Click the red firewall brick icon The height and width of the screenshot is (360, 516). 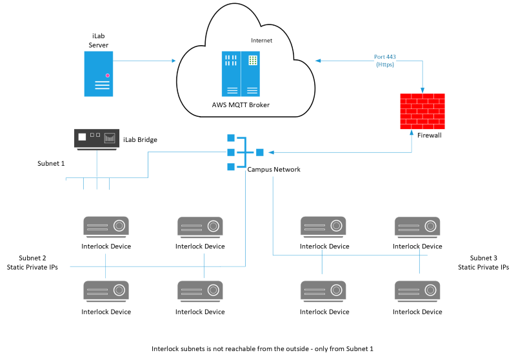[422, 110]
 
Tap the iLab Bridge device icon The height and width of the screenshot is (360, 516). [97, 139]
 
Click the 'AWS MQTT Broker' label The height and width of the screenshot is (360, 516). [241, 105]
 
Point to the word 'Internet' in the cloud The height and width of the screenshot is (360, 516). [261, 41]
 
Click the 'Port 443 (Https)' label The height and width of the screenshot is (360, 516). [384, 61]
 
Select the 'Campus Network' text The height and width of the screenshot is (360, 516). [274, 169]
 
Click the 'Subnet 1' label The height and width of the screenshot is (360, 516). [51, 163]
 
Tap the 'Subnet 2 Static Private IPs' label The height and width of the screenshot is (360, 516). [32, 262]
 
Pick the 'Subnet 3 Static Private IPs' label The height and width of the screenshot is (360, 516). [483, 262]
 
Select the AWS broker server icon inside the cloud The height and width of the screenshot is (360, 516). [241, 74]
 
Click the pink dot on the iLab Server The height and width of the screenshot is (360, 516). [108, 76]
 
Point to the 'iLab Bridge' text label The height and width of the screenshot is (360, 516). [140, 139]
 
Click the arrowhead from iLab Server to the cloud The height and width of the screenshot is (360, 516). [174, 61]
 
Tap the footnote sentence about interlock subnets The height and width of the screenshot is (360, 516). [263, 348]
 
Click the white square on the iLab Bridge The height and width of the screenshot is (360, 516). [82, 137]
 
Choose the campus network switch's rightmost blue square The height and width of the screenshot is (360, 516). [259, 152]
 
